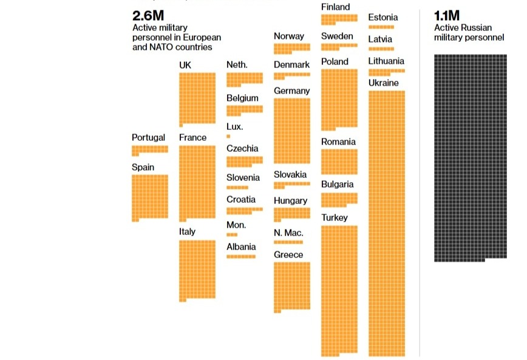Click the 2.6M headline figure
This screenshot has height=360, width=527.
pos(148,16)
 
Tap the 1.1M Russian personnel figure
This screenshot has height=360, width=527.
pos(447,16)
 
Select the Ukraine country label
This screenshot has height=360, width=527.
pos(384,83)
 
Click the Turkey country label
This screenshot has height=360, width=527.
pos(335,217)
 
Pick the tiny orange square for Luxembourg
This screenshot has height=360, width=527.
pos(228,137)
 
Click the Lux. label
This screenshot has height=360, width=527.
pos(234,126)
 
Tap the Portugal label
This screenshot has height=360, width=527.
pos(148,137)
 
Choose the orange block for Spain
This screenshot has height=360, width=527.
pos(149,197)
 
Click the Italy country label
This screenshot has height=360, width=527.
pos(187,231)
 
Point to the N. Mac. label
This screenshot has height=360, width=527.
pos(288,233)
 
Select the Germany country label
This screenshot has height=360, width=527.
pos(291,90)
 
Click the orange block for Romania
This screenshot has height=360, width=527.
pos(339,161)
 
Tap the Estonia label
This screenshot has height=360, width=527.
pos(383,17)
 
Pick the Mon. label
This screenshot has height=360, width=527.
pos(236,225)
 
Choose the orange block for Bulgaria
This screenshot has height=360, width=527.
pos(339,199)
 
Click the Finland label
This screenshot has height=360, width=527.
pos(336,7)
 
